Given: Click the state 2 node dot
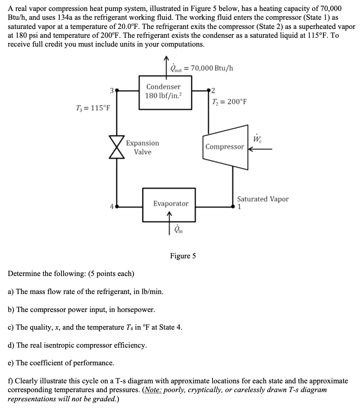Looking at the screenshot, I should [x=209, y=90].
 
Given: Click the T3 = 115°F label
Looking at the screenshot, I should [x=92, y=107].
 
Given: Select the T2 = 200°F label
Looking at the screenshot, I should [x=230, y=102].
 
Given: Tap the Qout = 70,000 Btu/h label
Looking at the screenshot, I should [x=202, y=68].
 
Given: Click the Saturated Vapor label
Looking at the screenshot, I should [x=263, y=199].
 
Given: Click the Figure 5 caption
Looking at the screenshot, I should [x=182, y=256].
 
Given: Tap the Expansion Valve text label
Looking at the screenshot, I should [x=143, y=148].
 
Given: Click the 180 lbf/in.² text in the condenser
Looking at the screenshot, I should [x=163, y=95].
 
